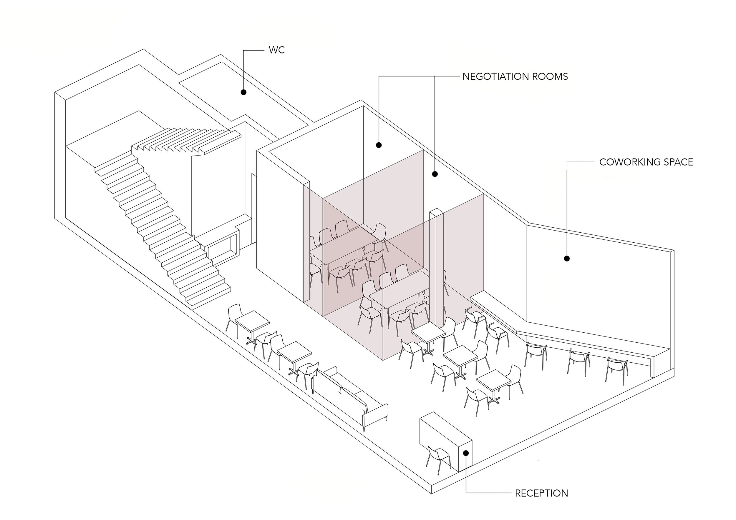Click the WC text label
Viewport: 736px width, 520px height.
pos(277,50)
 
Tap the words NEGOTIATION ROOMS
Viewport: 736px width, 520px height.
pos(515,76)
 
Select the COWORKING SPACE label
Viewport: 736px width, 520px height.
pos(646,162)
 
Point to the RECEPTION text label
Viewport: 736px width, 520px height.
pos(541,494)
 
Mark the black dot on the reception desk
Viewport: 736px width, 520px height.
pos(466,453)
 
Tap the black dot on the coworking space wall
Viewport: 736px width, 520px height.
pos(567,259)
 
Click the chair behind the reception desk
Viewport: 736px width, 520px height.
pos(439,458)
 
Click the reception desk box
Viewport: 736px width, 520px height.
pos(446,439)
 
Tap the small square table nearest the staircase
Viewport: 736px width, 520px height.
pos(252,321)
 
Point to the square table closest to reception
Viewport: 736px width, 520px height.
pos(493,380)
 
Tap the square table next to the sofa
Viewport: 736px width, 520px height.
pos(294,351)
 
